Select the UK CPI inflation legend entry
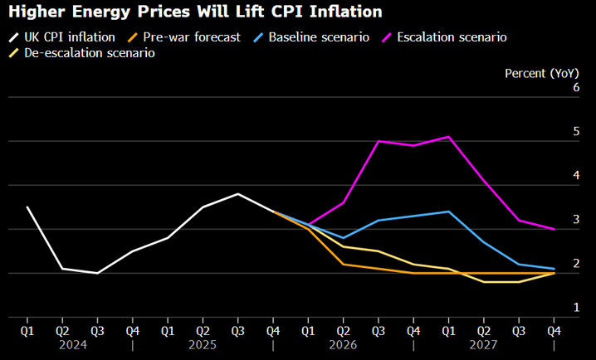coord(64,37)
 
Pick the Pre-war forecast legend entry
coord(186,37)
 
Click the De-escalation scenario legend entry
coord(83,52)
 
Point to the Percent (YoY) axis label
coord(542,73)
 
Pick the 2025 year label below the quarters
coord(203,345)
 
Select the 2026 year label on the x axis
coord(344,345)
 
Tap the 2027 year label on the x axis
coord(484,345)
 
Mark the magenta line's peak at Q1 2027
coord(449,136)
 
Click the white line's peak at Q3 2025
coord(238,194)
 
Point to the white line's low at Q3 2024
coord(97,273)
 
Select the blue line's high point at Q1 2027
coord(449,212)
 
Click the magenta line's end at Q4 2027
coord(554,229)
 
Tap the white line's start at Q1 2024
coord(27,207)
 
